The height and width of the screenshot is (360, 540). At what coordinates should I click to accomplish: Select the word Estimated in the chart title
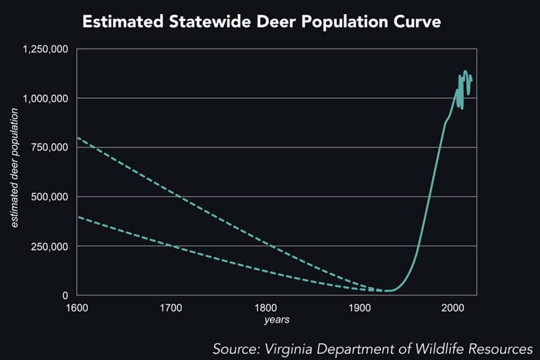pyautogui.click(x=122, y=22)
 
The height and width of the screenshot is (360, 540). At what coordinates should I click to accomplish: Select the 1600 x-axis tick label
pyautogui.click(x=77, y=308)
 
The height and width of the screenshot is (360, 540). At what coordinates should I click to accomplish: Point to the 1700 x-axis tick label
pyautogui.click(x=171, y=308)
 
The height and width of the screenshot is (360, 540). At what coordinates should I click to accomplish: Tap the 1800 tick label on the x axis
pyautogui.click(x=265, y=308)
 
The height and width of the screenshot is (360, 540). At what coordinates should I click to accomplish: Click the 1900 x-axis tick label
pyautogui.click(x=359, y=308)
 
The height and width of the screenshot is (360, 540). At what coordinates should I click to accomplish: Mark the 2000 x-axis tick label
pyautogui.click(x=453, y=308)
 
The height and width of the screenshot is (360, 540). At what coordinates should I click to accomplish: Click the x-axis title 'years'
pyautogui.click(x=276, y=320)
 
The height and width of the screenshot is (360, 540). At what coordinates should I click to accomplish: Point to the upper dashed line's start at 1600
pyautogui.click(x=78, y=138)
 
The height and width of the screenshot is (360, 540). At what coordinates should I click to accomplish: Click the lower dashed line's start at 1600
pyautogui.click(x=78, y=217)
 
